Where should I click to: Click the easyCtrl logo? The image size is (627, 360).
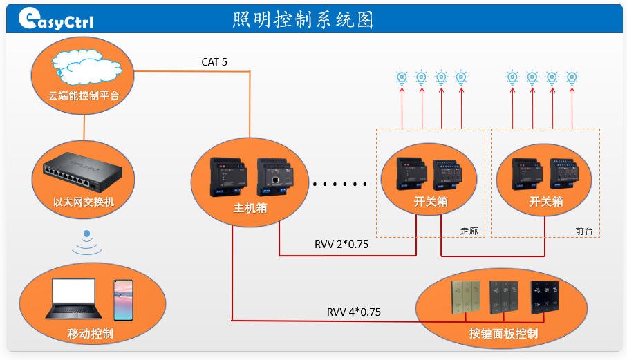56,19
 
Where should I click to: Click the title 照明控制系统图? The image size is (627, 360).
303,19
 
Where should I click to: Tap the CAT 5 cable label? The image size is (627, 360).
214,62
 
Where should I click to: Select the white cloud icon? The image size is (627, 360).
86,66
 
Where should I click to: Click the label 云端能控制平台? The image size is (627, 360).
84,95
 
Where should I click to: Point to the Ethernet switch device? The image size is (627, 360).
83,172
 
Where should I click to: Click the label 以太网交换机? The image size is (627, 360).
84,202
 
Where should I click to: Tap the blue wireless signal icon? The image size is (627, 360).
87,242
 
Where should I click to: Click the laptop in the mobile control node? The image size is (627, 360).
73,299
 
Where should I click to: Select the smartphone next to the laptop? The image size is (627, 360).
123,300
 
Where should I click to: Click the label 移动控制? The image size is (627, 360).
91,333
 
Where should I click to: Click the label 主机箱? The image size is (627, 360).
250,208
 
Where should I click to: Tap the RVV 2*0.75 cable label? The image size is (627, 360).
341,244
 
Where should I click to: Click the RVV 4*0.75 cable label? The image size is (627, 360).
353,312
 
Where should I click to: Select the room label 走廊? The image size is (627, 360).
469,231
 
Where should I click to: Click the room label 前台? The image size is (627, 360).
584,231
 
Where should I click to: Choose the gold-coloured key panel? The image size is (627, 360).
466,297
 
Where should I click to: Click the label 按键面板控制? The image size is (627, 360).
503,333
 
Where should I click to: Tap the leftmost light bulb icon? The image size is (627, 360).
402,77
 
